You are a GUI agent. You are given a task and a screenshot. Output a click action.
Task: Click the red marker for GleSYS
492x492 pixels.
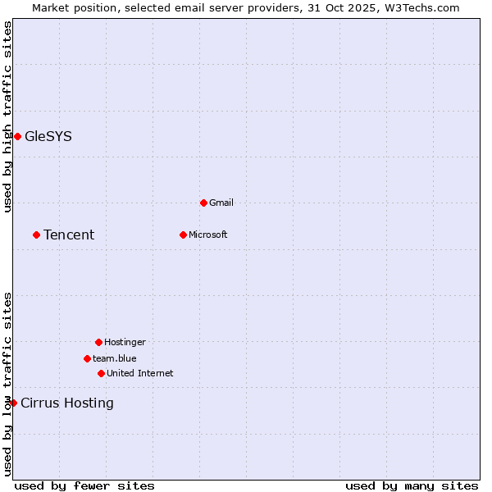pyautogui.click(x=17, y=136)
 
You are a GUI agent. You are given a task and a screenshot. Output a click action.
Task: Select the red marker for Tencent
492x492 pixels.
pyautogui.click(x=36, y=235)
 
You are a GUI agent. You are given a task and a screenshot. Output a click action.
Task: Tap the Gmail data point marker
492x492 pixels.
pyautogui.click(x=203, y=203)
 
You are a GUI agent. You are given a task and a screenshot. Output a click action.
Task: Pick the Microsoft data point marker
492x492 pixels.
pyautogui.click(x=183, y=235)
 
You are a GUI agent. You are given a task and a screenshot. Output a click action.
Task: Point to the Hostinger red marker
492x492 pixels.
pyautogui.click(x=98, y=342)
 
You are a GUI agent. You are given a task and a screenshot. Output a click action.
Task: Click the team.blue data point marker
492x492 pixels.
pyautogui.click(x=87, y=358)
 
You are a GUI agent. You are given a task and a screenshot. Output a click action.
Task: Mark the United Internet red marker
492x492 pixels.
pyautogui.click(x=101, y=373)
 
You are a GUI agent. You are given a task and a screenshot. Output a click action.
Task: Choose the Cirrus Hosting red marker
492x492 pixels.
pyautogui.click(x=13, y=403)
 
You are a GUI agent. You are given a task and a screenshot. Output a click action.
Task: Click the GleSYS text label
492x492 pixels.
pyautogui.click(x=48, y=136)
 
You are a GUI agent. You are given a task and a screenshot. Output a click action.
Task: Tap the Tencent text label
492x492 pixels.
pyautogui.click(x=69, y=235)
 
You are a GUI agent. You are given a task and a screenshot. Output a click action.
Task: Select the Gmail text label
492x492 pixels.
pyautogui.click(x=221, y=203)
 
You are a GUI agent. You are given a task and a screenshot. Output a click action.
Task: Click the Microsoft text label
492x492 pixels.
pyautogui.click(x=208, y=235)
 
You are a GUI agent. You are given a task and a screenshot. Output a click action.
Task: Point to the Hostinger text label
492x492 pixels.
pyautogui.click(x=125, y=342)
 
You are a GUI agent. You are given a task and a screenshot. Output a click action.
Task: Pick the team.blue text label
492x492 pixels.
pyautogui.click(x=115, y=358)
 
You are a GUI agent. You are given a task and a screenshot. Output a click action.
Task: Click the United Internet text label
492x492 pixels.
pyautogui.click(x=140, y=373)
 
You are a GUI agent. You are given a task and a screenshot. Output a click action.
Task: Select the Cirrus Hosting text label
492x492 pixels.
pyautogui.click(x=67, y=403)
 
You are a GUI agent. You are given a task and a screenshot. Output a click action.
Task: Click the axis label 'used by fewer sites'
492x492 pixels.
pyautogui.click(x=84, y=485)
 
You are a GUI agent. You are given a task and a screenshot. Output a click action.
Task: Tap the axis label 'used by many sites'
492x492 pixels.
pyautogui.click(x=412, y=485)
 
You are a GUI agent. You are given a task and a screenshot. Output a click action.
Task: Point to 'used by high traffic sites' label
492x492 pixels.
pyautogui.click(x=7, y=116)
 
